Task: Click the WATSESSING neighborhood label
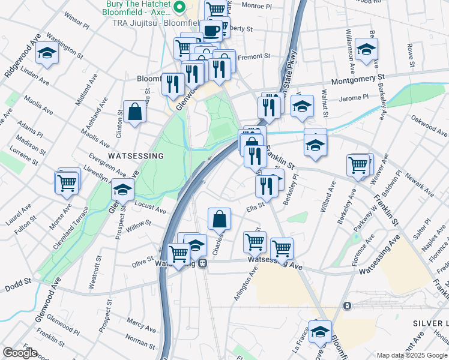135,156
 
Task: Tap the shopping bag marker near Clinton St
135,112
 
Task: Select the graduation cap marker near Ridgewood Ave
46,54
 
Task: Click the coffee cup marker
211,30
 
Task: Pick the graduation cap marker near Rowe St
366,50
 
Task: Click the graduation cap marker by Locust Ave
122,190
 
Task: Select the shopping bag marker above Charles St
220,218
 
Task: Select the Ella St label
255,209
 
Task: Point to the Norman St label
140,341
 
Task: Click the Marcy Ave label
141,323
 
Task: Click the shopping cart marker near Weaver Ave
358,164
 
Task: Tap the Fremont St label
254,56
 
